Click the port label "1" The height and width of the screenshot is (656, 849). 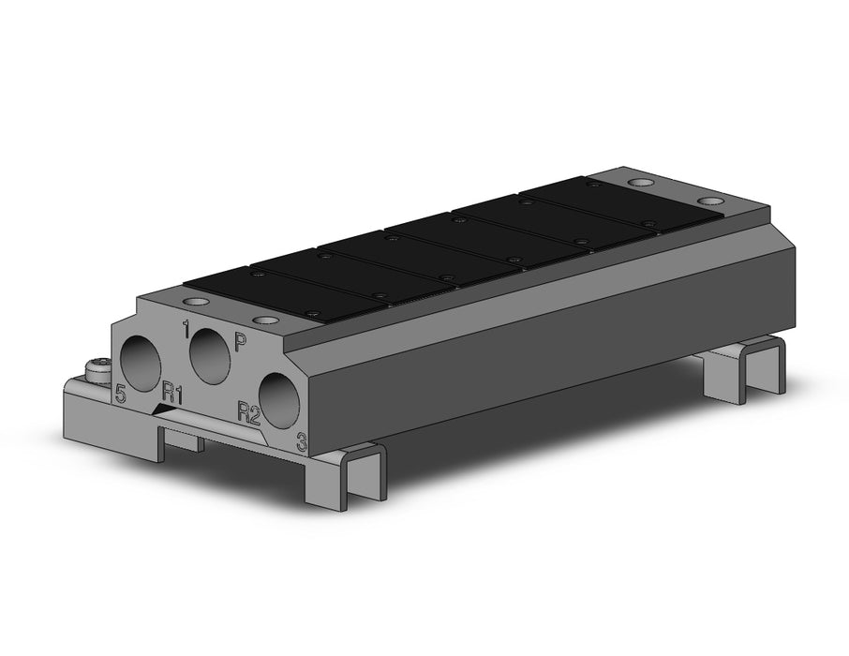[186, 329]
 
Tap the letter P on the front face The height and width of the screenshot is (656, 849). [240, 342]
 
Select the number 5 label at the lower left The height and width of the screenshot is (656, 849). [121, 394]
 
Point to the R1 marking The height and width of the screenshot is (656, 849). [171, 394]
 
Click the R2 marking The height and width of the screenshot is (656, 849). [249, 413]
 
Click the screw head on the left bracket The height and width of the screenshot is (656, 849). [97, 369]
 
